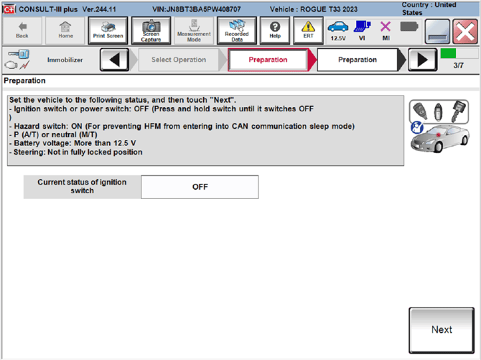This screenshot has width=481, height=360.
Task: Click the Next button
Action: (x=442, y=330)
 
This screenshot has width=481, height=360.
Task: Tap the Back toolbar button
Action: (x=22, y=30)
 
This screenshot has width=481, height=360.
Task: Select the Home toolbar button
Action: (x=65, y=30)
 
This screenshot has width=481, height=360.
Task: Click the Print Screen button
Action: (x=108, y=30)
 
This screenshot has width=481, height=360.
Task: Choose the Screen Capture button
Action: (x=151, y=30)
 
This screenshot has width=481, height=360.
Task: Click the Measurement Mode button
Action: (x=194, y=30)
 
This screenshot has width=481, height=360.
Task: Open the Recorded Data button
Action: (x=236, y=30)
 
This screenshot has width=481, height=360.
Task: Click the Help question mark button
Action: (x=275, y=30)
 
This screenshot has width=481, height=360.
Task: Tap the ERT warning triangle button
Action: (x=308, y=30)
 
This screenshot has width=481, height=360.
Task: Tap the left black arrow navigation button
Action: (x=115, y=60)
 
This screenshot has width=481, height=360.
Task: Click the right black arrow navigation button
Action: (x=423, y=60)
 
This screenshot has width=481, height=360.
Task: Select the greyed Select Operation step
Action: (x=179, y=60)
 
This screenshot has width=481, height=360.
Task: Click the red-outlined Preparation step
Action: (x=268, y=60)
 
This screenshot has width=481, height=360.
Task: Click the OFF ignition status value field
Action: (x=200, y=187)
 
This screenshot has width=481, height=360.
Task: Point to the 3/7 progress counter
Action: (x=458, y=65)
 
